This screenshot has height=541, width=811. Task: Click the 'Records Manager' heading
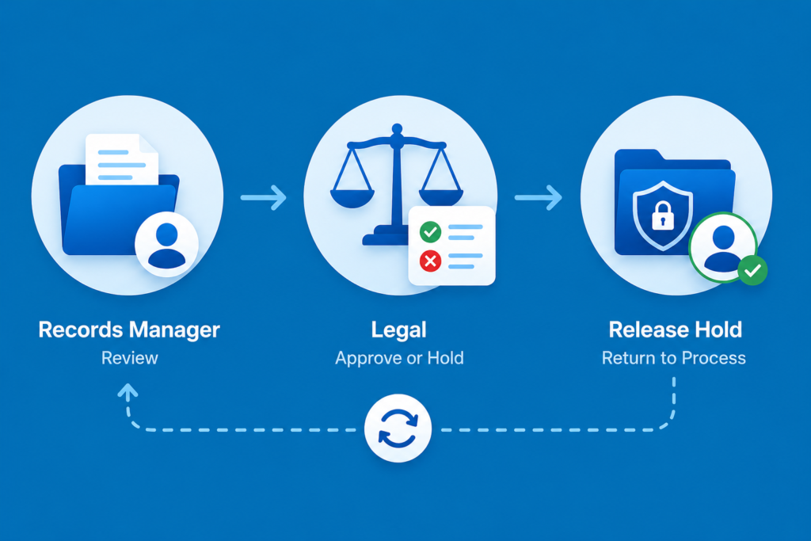pyautogui.click(x=129, y=330)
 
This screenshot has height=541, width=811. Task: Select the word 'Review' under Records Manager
pyautogui.click(x=129, y=358)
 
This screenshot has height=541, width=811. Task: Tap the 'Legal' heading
pyautogui.click(x=399, y=330)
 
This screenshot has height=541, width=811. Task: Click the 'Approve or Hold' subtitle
pyautogui.click(x=399, y=359)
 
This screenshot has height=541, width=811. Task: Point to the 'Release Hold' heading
pyautogui.click(x=675, y=330)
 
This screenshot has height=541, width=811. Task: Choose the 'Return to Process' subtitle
pyautogui.click(x=674, y=358)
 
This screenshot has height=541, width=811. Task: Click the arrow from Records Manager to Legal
pyautogui.click(x=263, y=197)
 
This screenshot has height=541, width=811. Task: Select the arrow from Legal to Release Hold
pyautogui.click(x=539, y=197)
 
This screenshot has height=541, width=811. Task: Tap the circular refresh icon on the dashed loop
pyautogui.click(x=398, y=428)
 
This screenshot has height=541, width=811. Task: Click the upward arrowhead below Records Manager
pyautogui.click(x=128, y=391)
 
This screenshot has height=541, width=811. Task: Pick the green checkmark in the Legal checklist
pyautogui.click(x=430, y=232)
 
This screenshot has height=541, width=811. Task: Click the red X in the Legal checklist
pyautogui.click(x=430, y=261)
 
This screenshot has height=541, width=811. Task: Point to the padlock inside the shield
pyautogui.click(x=663, y=215)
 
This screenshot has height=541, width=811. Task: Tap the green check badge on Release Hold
pyautogui.click(x=752, y=270)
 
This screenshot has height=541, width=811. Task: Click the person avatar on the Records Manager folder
pyautogui.click(x=166, y=244)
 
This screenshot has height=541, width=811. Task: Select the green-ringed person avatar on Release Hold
pyautogui.click(x=722, y=247)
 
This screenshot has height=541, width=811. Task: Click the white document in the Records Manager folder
pyautogui.click(x=122, y=159)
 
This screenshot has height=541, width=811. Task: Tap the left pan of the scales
pyautogui.click(x=352, y=197)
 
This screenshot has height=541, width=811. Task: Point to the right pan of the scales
pyautogui.click(x=441, y=197)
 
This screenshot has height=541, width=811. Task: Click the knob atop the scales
pyautogui.click(x=397, y=129)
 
